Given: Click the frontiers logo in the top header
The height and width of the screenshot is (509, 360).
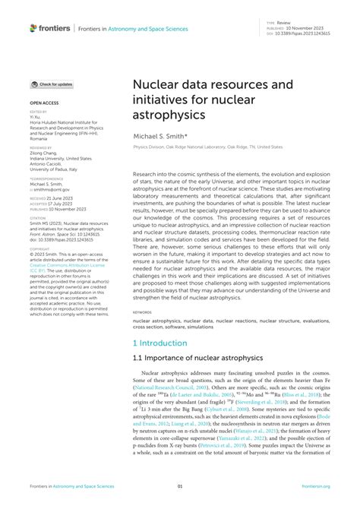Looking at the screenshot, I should click(x=50, y=28).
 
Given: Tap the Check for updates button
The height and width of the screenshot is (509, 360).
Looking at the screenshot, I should click(x=52, y=84).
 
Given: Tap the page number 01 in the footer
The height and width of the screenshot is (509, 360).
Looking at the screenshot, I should click(x=180, y=487).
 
